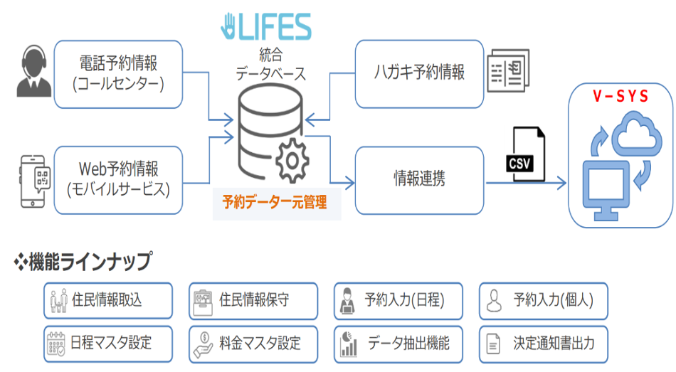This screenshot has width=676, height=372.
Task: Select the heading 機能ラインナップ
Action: pyautogui.click(x=89, y=262)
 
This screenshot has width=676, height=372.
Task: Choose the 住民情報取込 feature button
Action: pyautogui.click(x=107, y=300)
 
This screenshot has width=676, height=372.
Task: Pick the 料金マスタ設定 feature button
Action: pyautogui.click(x=253, y=344)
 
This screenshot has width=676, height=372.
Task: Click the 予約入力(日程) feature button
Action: pyautogui.click(x=398, y=300)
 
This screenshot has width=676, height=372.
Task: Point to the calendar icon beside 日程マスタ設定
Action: pyautogui.click(x=56, y=344)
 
